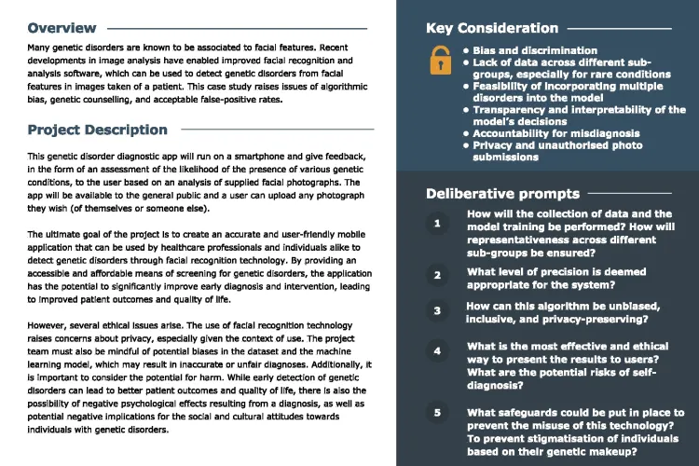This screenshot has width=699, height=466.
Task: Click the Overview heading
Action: (62, 28)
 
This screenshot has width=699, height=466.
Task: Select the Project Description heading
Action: (98, 130)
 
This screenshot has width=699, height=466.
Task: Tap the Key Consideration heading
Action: (492, 28)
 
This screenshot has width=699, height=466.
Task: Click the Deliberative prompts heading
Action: (502, 194)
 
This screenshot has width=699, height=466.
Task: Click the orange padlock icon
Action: (439, 62)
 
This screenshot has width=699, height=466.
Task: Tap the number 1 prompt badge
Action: (437, 225)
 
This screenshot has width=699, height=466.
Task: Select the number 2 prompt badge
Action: (437, 275)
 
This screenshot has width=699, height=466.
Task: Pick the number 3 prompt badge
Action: (437, 311)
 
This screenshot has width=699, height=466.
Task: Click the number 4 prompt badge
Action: (437, 351)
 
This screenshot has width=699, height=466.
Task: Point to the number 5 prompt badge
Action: (437, 412)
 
